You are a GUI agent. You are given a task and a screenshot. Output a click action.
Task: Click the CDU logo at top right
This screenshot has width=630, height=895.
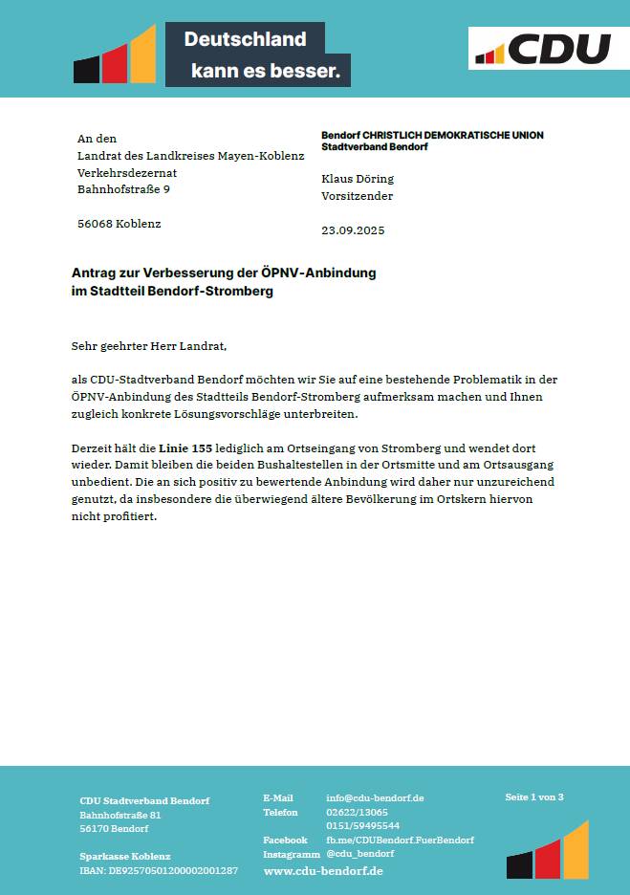click(541, 49)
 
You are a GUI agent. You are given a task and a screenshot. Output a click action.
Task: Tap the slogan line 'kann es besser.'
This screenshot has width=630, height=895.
click(265, 71)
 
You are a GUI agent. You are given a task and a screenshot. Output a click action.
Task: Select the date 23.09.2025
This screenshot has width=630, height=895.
click(353, 230)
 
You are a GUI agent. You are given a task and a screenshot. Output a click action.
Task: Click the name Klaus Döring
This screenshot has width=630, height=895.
click(358, 179)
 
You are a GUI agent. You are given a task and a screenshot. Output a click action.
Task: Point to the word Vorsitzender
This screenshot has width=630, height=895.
click(357, 196)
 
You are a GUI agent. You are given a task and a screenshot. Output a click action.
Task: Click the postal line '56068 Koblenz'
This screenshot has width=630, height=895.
click(119, 224)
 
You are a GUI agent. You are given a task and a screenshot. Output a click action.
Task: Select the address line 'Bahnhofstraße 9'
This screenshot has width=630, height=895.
click(123, 189)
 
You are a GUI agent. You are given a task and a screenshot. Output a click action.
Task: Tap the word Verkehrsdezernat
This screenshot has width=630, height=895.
click(127, 173)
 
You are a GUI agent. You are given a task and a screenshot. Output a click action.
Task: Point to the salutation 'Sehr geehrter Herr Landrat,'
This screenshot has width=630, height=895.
click(149, 345)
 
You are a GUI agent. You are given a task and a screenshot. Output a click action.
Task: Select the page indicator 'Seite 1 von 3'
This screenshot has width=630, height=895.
click(534, 797)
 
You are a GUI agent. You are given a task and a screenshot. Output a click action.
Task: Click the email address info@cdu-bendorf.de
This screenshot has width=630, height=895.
click(375, 797)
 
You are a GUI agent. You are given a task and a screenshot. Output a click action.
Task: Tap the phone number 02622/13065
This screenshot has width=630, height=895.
click(357, 812)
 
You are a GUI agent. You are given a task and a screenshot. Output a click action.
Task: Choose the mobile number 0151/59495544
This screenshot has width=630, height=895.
click(362, 825)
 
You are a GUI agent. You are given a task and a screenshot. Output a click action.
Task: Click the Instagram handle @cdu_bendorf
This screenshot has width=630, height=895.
click(359, 853)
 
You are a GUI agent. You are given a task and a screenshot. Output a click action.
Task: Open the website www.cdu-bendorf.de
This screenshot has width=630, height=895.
click(323, 871)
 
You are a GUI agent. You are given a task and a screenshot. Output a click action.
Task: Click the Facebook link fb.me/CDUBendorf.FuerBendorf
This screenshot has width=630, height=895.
click(400, 840)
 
